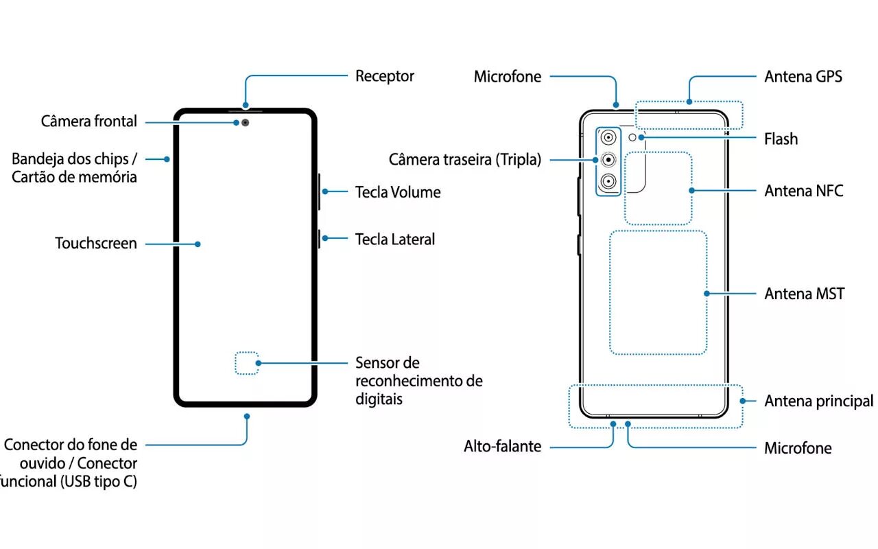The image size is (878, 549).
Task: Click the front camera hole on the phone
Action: [244, 123]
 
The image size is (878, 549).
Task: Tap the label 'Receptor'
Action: [384, 76]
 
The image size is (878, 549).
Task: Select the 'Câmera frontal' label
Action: [89, 122]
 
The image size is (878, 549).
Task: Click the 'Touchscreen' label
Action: [96, 244]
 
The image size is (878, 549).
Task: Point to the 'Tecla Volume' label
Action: [397, 192]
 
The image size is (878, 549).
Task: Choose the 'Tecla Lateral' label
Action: [394, 240]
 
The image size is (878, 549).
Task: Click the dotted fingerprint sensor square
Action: [246, 363]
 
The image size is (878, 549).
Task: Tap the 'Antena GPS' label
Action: [803, 77]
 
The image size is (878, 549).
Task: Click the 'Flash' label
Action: [781, 139]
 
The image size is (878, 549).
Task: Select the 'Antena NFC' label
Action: [803, 191]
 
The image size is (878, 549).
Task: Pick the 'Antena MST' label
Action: [804, 294]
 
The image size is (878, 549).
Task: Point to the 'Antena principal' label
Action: [818, 401]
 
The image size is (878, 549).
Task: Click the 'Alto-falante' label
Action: [502, 447]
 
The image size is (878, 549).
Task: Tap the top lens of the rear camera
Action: [608, 138]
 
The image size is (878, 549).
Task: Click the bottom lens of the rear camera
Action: [608, 182]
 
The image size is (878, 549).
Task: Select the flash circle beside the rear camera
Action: [641, 137]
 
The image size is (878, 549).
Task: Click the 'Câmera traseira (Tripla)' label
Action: [464, 160]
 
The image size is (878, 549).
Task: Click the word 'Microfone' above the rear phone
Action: [507, 77]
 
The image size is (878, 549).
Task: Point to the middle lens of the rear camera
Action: [608, 160]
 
